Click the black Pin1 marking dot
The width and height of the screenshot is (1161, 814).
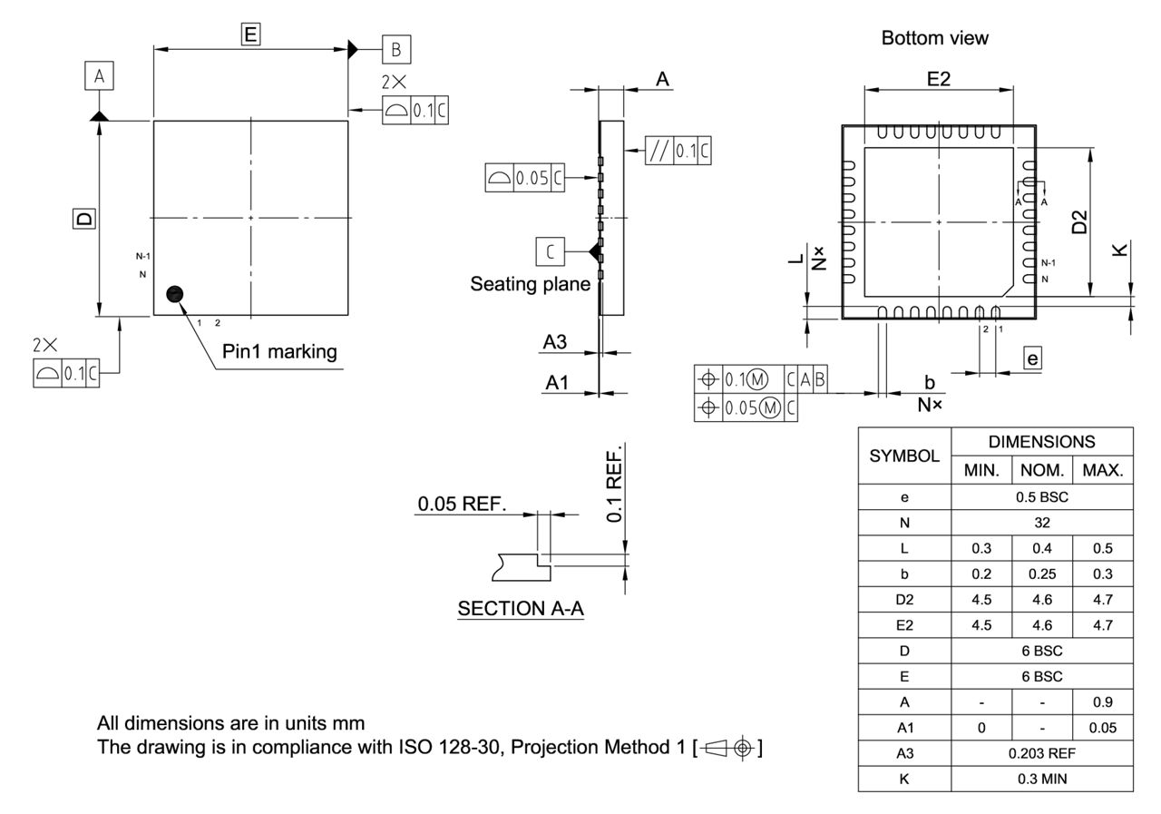coord(175,293)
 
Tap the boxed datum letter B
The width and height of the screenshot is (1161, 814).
coord(396,49)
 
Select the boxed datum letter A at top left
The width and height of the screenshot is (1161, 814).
coord(100,77)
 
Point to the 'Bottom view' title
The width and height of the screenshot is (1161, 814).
coord(934,38)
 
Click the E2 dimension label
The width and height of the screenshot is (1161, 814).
coord(938,79)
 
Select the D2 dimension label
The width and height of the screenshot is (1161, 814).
coord(1078,221)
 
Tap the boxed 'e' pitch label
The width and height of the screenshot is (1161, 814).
coord(1032,358)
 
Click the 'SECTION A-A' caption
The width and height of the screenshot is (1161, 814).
coord(521,609)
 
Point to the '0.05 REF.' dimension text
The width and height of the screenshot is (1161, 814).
coord(462,504)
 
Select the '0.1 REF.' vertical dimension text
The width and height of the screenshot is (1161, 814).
coord(614,485)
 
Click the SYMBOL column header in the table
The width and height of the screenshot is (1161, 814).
coord(904,456)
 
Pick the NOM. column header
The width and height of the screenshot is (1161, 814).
coord(1042,471)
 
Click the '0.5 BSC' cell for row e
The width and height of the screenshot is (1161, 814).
coord(1042,496)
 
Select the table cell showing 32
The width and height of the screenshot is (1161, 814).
coord(1042,523)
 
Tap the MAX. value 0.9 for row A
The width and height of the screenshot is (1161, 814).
coord(1102,701)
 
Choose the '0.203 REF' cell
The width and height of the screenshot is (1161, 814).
coord(1042,753)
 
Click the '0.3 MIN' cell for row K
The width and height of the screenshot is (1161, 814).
coord(1042,779)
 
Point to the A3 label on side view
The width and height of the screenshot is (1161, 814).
coord(555,342)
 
